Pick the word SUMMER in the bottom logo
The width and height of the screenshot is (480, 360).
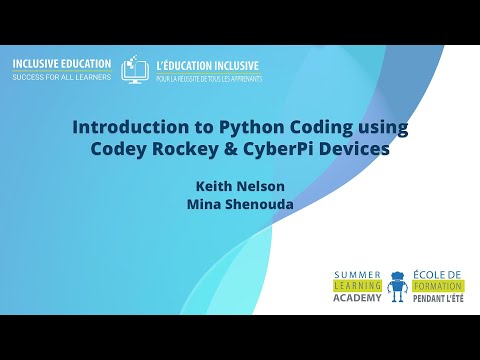point(358,274)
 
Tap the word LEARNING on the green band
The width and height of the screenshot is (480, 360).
point(356,285)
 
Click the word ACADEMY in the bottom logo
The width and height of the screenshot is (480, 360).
point(356,297)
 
